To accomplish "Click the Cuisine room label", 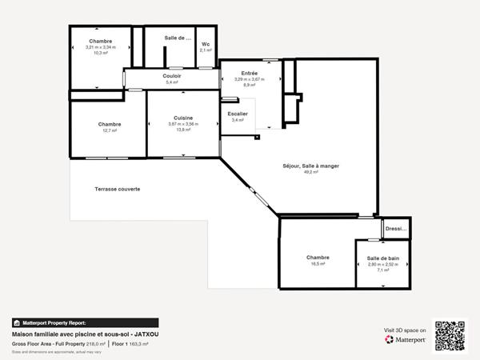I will (183, 118).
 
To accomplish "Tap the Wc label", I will (206, 44).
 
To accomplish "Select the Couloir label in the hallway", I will (172, 76).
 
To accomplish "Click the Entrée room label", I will (249, 73).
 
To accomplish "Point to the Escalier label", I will (238, 114).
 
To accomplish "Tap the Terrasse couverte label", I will (118, 189).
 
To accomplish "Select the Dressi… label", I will (396, 229).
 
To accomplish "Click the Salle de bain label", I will (383, 258).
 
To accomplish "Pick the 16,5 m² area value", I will (318, 263).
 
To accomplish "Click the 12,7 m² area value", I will (110, 130).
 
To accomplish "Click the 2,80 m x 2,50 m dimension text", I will (383, 264).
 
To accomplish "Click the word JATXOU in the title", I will (143, 334).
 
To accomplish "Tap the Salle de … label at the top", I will (178, 38).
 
